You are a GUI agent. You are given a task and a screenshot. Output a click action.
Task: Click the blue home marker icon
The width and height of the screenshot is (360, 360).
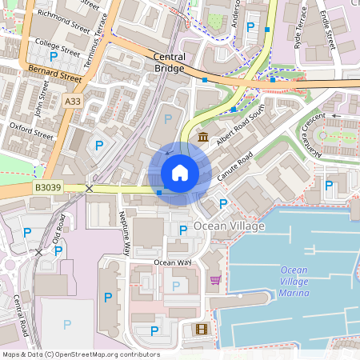click(180, 173)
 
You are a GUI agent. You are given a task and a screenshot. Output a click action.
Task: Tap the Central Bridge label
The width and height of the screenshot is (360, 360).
click(169, 62)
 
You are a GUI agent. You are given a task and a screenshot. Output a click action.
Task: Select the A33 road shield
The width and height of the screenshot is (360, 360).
click(73, 101)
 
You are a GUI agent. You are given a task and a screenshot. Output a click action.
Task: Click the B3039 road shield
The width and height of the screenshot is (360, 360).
click(47, 187)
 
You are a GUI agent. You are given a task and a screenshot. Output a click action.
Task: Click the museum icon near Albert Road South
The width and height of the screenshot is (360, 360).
click(204, 138)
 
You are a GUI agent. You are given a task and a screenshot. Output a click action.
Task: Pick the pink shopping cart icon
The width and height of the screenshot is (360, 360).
click(215, 279)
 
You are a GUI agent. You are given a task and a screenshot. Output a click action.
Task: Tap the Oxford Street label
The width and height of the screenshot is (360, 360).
click(31, 130)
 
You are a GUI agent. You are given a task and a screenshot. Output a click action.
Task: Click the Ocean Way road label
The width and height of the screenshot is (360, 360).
click(173, 262)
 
